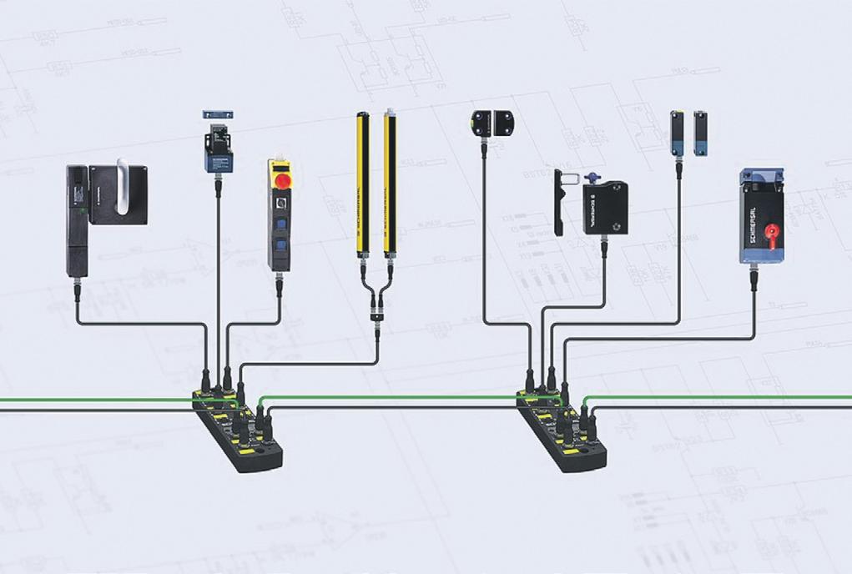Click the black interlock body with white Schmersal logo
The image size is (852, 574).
point(605,208)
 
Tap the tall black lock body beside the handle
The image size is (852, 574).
point(77,220)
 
